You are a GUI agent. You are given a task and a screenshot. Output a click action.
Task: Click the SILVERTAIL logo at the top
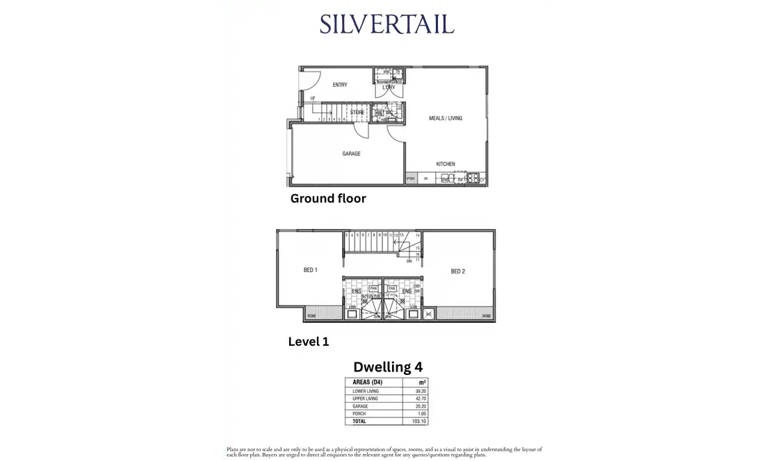click(386, 24)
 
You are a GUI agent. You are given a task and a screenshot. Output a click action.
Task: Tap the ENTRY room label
click(340, 85)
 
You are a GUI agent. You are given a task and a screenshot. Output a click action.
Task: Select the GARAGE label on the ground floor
click(351, 153)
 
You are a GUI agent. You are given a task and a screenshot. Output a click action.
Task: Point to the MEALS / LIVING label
click(446, 118)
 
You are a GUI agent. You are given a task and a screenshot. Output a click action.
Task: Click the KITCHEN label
click(446, 164)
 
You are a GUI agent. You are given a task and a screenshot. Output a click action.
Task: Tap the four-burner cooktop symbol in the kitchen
click(473, 178)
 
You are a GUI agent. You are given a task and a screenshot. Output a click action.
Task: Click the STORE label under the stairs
click(357, 112)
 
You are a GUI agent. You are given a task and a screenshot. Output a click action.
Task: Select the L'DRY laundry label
click(388, 87)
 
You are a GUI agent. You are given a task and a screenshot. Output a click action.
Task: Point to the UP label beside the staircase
click(313, 99)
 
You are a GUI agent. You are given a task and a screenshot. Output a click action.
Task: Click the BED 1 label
click(310, 271)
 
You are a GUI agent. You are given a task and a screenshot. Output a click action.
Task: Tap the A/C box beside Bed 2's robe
click(430, 315)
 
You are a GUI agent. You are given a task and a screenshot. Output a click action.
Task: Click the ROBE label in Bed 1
click(311, 315)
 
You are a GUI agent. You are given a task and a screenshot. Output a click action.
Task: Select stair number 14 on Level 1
click(418, 236)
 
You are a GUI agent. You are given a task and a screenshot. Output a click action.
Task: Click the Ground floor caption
click(328, 199)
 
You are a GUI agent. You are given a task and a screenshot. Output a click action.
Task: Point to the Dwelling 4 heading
click(387, 367)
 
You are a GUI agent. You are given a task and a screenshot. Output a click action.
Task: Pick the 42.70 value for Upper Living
click(416, 399)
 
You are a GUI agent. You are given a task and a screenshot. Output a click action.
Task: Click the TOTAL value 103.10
click(415, 421)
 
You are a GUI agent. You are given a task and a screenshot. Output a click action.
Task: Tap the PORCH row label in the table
click(359, 414)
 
